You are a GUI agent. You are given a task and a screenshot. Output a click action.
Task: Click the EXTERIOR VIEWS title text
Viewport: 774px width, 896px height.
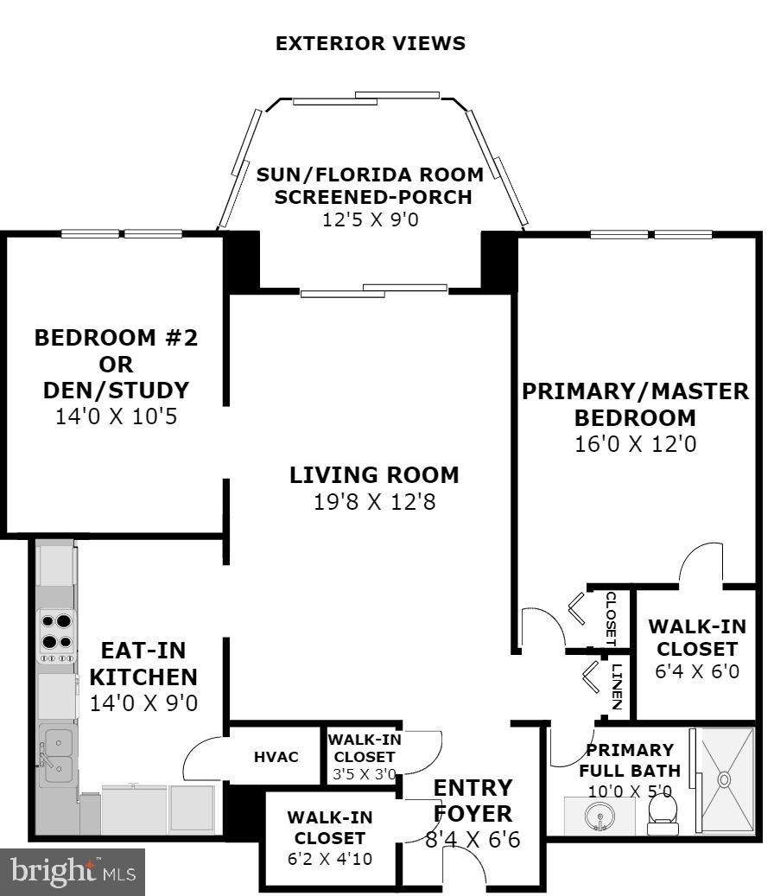pyautogui.click(x=370, y=43)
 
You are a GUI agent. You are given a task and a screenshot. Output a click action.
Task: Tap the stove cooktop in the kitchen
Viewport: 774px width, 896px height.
pyautogui.click(x=56, y=637)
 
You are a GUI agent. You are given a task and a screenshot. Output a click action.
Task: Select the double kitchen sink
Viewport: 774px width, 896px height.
pyautogui.click(x=58, y=755)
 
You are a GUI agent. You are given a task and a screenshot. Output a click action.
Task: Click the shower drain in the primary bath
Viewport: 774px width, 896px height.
pyautogui.click(x=724, y=778)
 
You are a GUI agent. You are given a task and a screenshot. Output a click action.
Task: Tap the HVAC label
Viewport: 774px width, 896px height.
pyautogui.click(x=276, y=757)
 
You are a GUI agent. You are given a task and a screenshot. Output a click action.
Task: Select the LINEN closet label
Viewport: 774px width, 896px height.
pyautogui.click(x=617, y=686)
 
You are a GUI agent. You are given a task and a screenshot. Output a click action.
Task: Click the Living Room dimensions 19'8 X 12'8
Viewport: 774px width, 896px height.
pyautogui.click(x=375, y=502)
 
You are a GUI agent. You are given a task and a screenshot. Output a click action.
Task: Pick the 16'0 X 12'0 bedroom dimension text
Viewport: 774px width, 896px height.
pyautogui.click(x=635, y=444)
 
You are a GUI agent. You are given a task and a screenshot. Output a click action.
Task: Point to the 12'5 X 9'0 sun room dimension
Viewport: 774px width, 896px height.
pyautogui.click(x=371, y=219)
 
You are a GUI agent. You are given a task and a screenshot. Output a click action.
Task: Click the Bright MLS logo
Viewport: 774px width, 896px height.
pyautogui.click(x=73, y=873)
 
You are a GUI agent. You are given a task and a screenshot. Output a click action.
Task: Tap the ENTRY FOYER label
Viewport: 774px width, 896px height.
pyautogui.click(x=473, y=801)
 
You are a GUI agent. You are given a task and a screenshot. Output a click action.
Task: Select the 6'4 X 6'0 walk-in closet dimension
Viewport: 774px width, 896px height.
pyautogui.click(x=697, y=670)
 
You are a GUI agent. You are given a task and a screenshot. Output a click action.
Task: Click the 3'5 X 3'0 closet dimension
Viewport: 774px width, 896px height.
pyautogui.click(x=365, y=775)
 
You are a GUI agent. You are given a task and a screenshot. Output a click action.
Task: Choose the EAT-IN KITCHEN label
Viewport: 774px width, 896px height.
pyautogui.click(x=143, y=664)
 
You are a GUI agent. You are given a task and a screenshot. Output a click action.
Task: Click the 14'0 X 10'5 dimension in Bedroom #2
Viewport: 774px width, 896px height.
pyautogui.click(x=116, y=416)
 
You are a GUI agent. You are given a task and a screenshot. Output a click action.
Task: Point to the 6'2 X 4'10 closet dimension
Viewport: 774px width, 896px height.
pyautogui.click(x=330, y=858)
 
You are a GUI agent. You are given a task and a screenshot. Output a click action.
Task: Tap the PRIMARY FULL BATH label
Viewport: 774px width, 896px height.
pyautogui.click(x=630, y=760)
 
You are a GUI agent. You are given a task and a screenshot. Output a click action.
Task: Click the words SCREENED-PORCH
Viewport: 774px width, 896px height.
pyautogui.click(x=373, y=197)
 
